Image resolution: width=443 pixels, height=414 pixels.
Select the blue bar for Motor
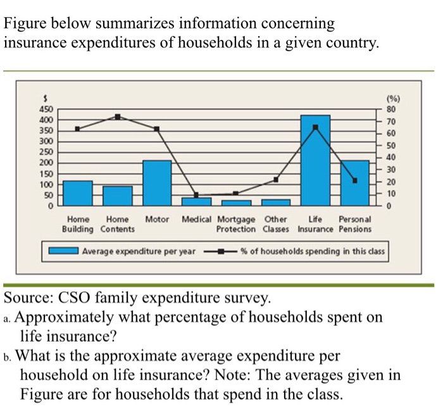point(157,183)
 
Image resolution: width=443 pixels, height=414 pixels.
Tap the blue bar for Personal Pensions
point(354,183)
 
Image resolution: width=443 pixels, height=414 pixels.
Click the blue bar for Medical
point(196,201)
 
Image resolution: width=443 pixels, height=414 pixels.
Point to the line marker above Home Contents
point(117,116)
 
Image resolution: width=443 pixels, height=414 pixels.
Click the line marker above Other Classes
point(276,180)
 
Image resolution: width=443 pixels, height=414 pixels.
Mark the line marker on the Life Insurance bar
point(315,127)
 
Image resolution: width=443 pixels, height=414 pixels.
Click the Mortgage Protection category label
point(236,224)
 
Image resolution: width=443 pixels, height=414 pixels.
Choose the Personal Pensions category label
point(355,224)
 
